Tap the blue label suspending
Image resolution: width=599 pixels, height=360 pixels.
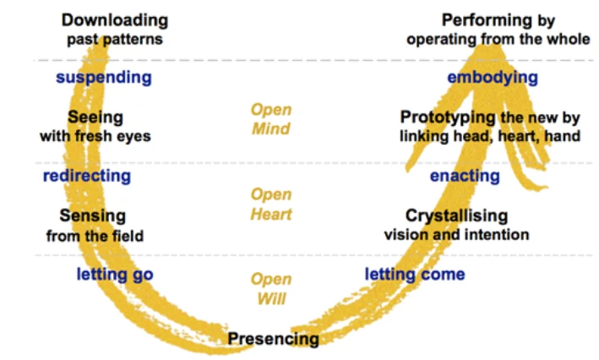[x=104, y=78]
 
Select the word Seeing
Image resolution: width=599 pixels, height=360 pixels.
[x=95, y=117]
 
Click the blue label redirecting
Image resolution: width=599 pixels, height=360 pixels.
[x=86, y=176]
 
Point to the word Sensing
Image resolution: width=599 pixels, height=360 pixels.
[x=93, y=215]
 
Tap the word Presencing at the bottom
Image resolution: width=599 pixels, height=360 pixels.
[x=273, y=339]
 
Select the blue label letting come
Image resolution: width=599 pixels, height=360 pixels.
[x=415, y=274]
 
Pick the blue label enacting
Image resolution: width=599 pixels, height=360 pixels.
[x=465, y=176]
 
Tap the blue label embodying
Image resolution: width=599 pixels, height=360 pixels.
[x=493, y=78]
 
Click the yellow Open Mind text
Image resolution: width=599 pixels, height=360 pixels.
[x=270, y=119]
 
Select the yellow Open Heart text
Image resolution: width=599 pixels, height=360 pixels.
[x=270, y=205]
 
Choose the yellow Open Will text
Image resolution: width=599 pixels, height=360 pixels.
[x=270, y=288]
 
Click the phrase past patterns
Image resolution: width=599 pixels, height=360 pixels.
[x=114, y=39]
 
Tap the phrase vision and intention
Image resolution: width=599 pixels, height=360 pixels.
[x=456, y=234]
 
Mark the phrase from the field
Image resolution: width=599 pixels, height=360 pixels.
[x=93, y=236]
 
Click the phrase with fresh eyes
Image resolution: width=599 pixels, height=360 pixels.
[x=95, y=136]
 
